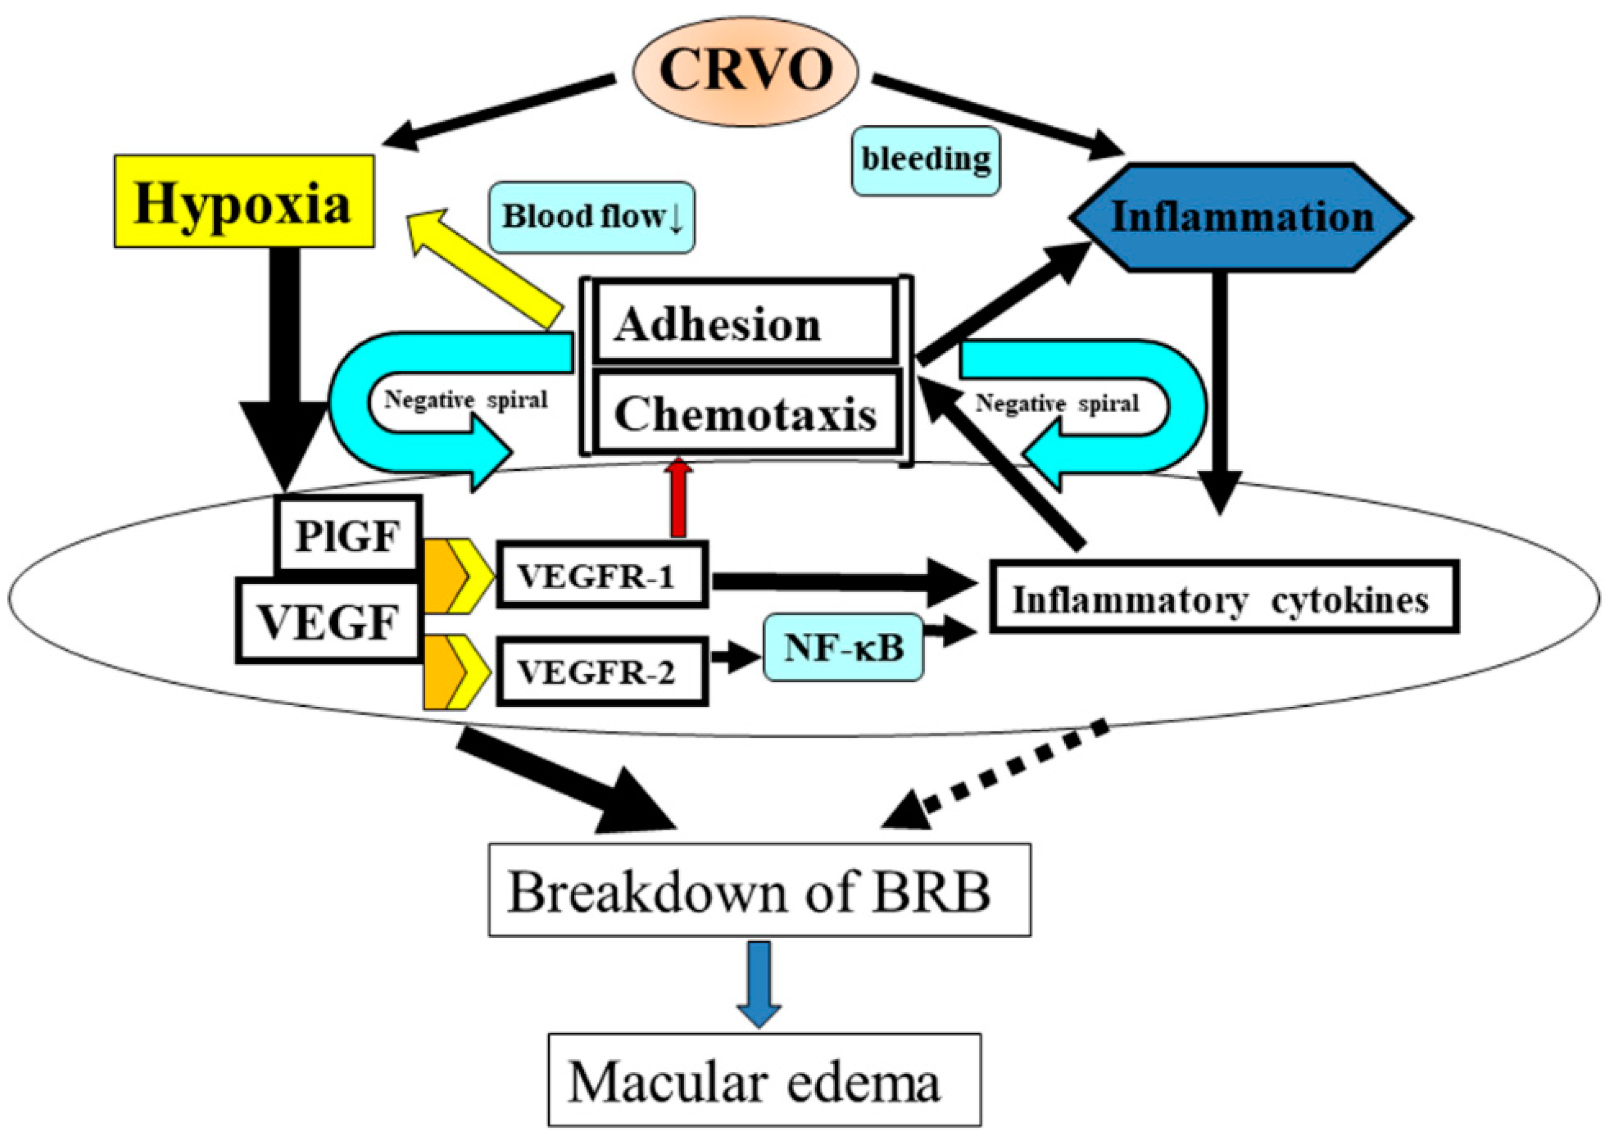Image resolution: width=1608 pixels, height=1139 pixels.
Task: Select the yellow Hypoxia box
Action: pos(244,201)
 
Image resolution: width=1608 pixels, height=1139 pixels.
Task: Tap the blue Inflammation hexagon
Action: pos(1241,217)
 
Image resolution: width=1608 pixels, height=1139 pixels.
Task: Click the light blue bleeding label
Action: pos(926,160)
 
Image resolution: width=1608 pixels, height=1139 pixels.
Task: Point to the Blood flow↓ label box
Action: pos(592,217)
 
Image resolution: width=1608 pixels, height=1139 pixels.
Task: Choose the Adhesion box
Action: pos(745,324)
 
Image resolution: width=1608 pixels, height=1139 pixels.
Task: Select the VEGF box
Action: pos(327,621)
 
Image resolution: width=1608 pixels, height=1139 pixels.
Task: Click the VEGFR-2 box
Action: pos(601,672)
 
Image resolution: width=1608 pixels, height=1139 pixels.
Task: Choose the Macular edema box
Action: pos(763,1081)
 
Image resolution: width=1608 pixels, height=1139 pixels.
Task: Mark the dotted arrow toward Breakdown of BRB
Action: pos(996,775)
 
